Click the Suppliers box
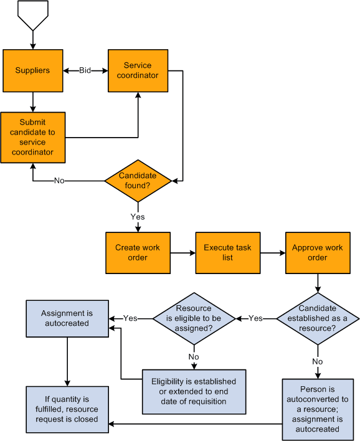(x=32, y=70)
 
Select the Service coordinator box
(x=138, y=70)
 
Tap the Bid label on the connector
(x=85, y=70)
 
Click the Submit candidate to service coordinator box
(x=32, y=137)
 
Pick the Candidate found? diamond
(x=138, y=181)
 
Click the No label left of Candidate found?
(x=59, y=181)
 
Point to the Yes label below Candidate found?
(x=138, y=217)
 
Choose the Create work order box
(x=138, y=252)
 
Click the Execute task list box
(x=227, y=252)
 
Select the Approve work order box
(x=317, y=252)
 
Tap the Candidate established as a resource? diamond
(x=318, y=318)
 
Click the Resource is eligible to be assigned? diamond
(x=194, y=318)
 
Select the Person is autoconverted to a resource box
(x=318, y=405)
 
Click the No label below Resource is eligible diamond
(x=194, y=357)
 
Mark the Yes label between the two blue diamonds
(x=256, y=318)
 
